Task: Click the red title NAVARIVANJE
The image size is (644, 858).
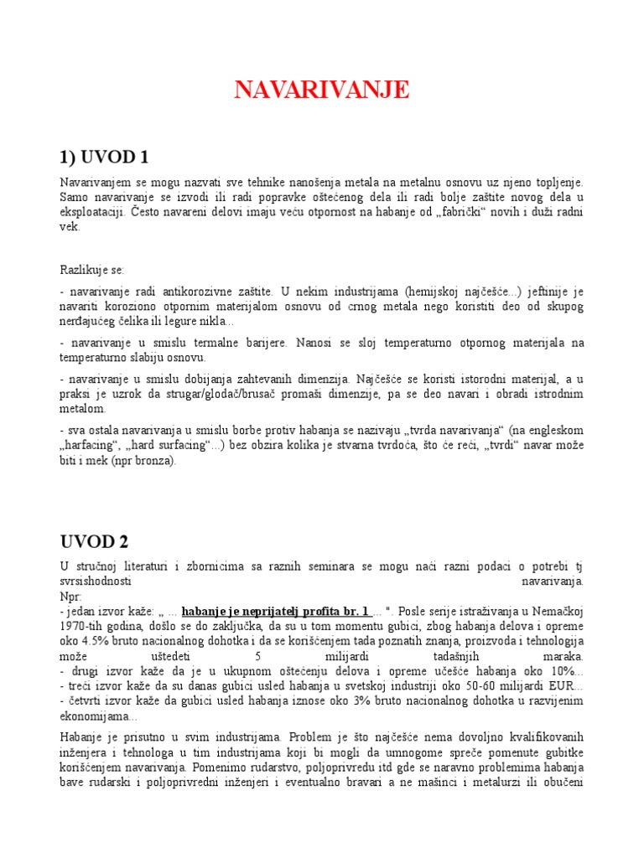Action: pos(322,90)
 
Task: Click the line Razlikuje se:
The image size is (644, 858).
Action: pos(91,270)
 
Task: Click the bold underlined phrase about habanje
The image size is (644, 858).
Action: pos(274,611)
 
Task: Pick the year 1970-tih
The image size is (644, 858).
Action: pos(83,626)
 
